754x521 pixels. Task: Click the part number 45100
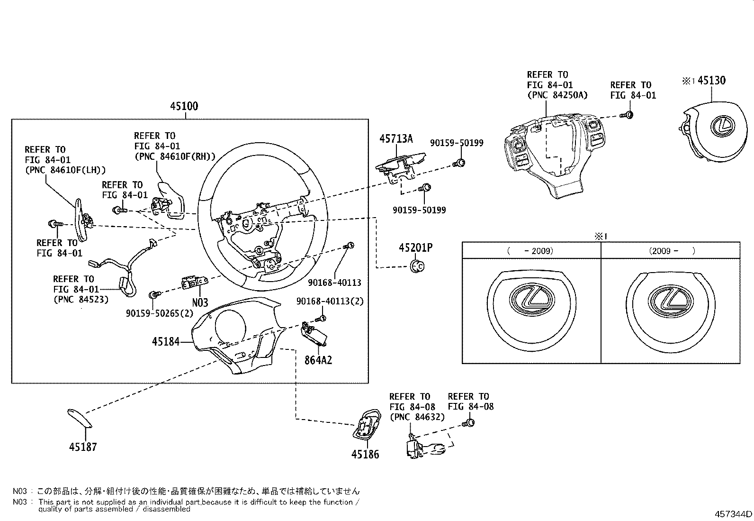(184, 106)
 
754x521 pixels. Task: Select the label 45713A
(396, 138)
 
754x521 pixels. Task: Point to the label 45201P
(415, 247)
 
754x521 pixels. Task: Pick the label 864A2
(318, 360)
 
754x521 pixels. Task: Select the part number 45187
(82, 447)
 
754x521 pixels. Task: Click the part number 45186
(365, 454)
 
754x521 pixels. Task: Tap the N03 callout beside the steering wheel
(200, 302)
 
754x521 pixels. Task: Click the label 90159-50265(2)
(160, 313)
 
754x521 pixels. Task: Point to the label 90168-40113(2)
(330, 302)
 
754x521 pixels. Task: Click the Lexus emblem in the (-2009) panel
(530, 300)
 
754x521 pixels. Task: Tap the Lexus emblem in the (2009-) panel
(670, 301)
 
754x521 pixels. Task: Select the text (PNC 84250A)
(557, 95)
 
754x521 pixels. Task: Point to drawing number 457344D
(733, 514)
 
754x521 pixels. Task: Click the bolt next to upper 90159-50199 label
(458, 163)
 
